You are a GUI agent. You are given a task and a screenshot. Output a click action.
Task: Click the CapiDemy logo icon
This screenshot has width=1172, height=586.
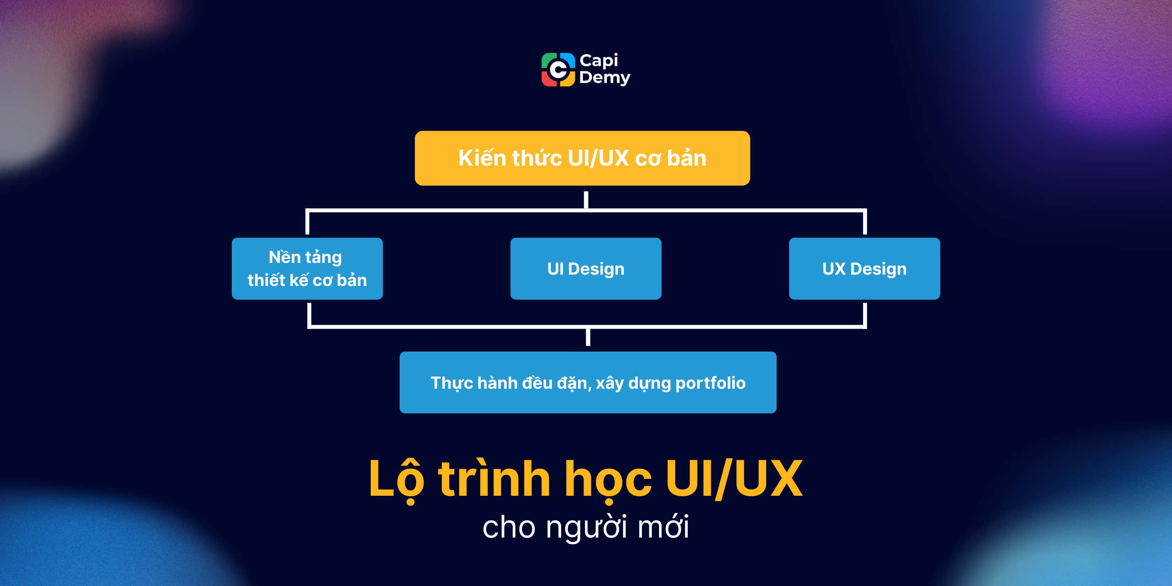coord(558,70)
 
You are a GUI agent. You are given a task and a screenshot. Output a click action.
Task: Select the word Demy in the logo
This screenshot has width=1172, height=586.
coord(604,78)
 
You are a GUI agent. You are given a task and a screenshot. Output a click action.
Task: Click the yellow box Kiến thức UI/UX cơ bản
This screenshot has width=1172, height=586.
coord(582,158)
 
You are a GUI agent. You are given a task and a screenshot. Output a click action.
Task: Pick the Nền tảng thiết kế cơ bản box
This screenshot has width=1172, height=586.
coord(307,268)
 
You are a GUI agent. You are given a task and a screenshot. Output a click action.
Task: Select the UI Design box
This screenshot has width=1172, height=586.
coord(586,268)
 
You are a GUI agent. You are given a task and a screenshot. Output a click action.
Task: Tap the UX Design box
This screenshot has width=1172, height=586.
coord(864,268)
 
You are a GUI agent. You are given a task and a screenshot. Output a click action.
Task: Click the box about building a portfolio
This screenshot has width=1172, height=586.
coord(588,382)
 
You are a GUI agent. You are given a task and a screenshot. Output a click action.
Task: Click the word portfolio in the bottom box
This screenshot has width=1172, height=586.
coord(710,383)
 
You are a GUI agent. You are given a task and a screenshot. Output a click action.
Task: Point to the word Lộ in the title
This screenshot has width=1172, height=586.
coord(396,479)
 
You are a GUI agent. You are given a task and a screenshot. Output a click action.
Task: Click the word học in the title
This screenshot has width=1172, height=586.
coord(608,479)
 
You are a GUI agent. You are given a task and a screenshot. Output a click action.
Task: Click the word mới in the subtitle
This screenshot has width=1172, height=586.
coord(663,527)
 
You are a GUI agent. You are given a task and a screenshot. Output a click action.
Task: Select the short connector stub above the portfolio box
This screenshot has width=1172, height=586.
coord(588,337)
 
